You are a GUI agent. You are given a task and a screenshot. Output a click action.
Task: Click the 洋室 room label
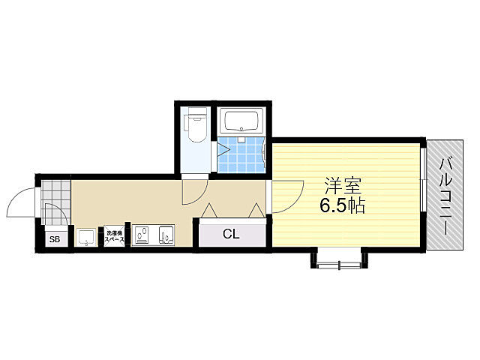340,184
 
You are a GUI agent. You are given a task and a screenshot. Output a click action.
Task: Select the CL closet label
231,234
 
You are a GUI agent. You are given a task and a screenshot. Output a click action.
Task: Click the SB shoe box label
54,240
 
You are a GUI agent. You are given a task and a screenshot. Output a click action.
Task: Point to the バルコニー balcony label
448,194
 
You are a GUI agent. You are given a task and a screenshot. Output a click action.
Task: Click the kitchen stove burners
140,236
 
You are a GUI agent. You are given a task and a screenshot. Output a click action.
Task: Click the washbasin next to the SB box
86,238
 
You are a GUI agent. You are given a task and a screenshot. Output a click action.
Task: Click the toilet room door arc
193,192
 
